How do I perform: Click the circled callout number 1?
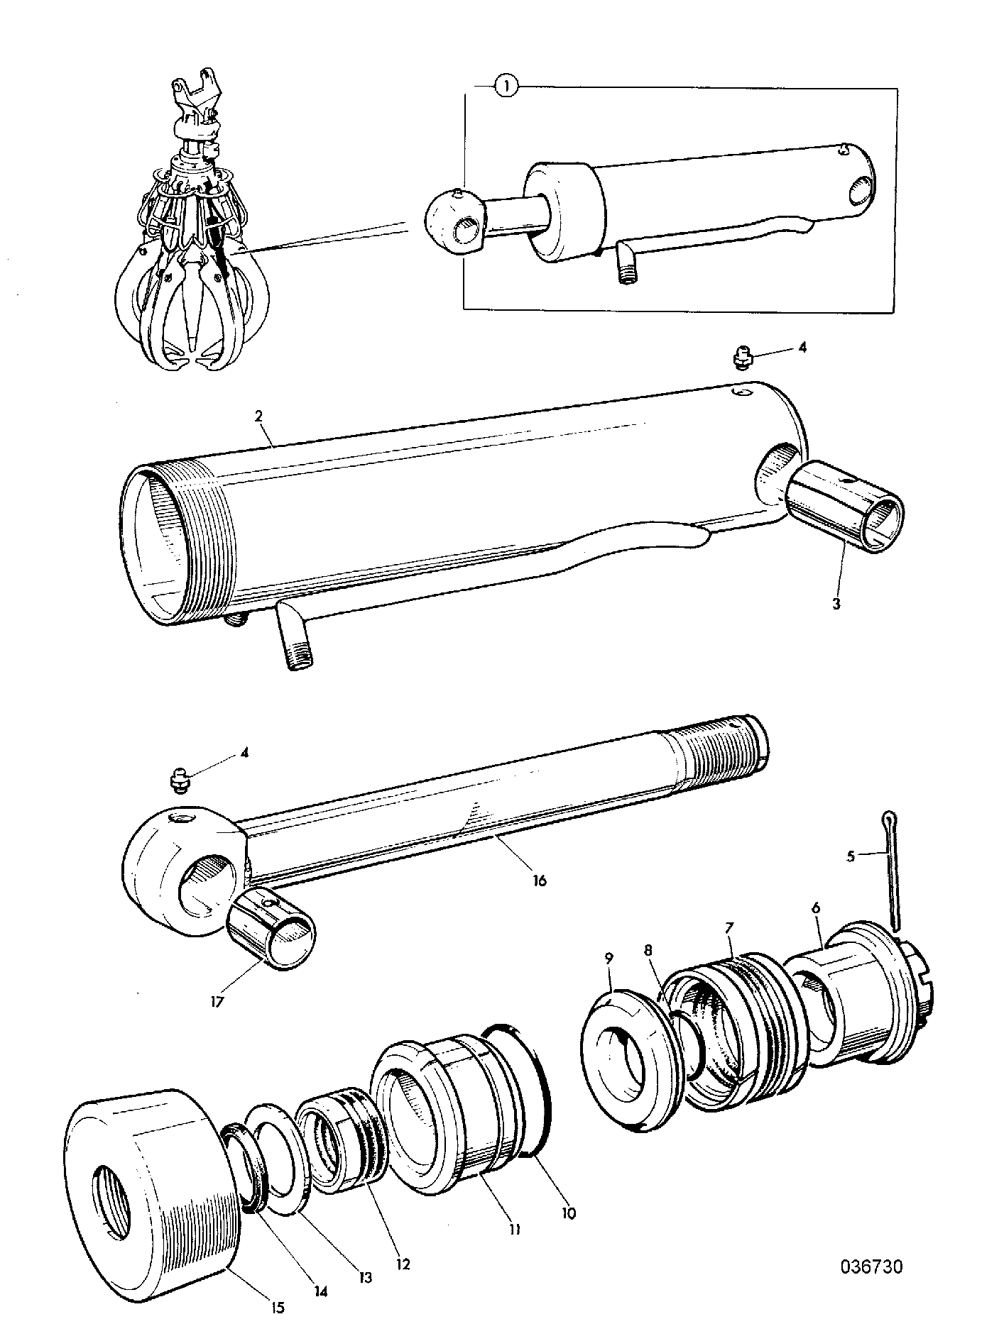point(506,87)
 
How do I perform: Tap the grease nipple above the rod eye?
point(180,778)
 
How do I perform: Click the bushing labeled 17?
point(273,928)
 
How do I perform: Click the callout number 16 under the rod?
point(539,881)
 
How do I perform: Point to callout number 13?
point(364,1277)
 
